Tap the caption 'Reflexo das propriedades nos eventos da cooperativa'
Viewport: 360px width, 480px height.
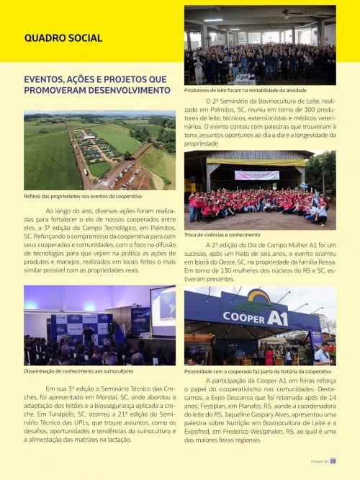pos(83,196)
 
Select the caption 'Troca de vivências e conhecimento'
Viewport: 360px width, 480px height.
pos(222,235)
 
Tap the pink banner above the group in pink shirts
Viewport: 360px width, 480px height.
pos(256,175)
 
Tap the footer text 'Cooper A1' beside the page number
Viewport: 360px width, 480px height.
pos(319,461)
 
